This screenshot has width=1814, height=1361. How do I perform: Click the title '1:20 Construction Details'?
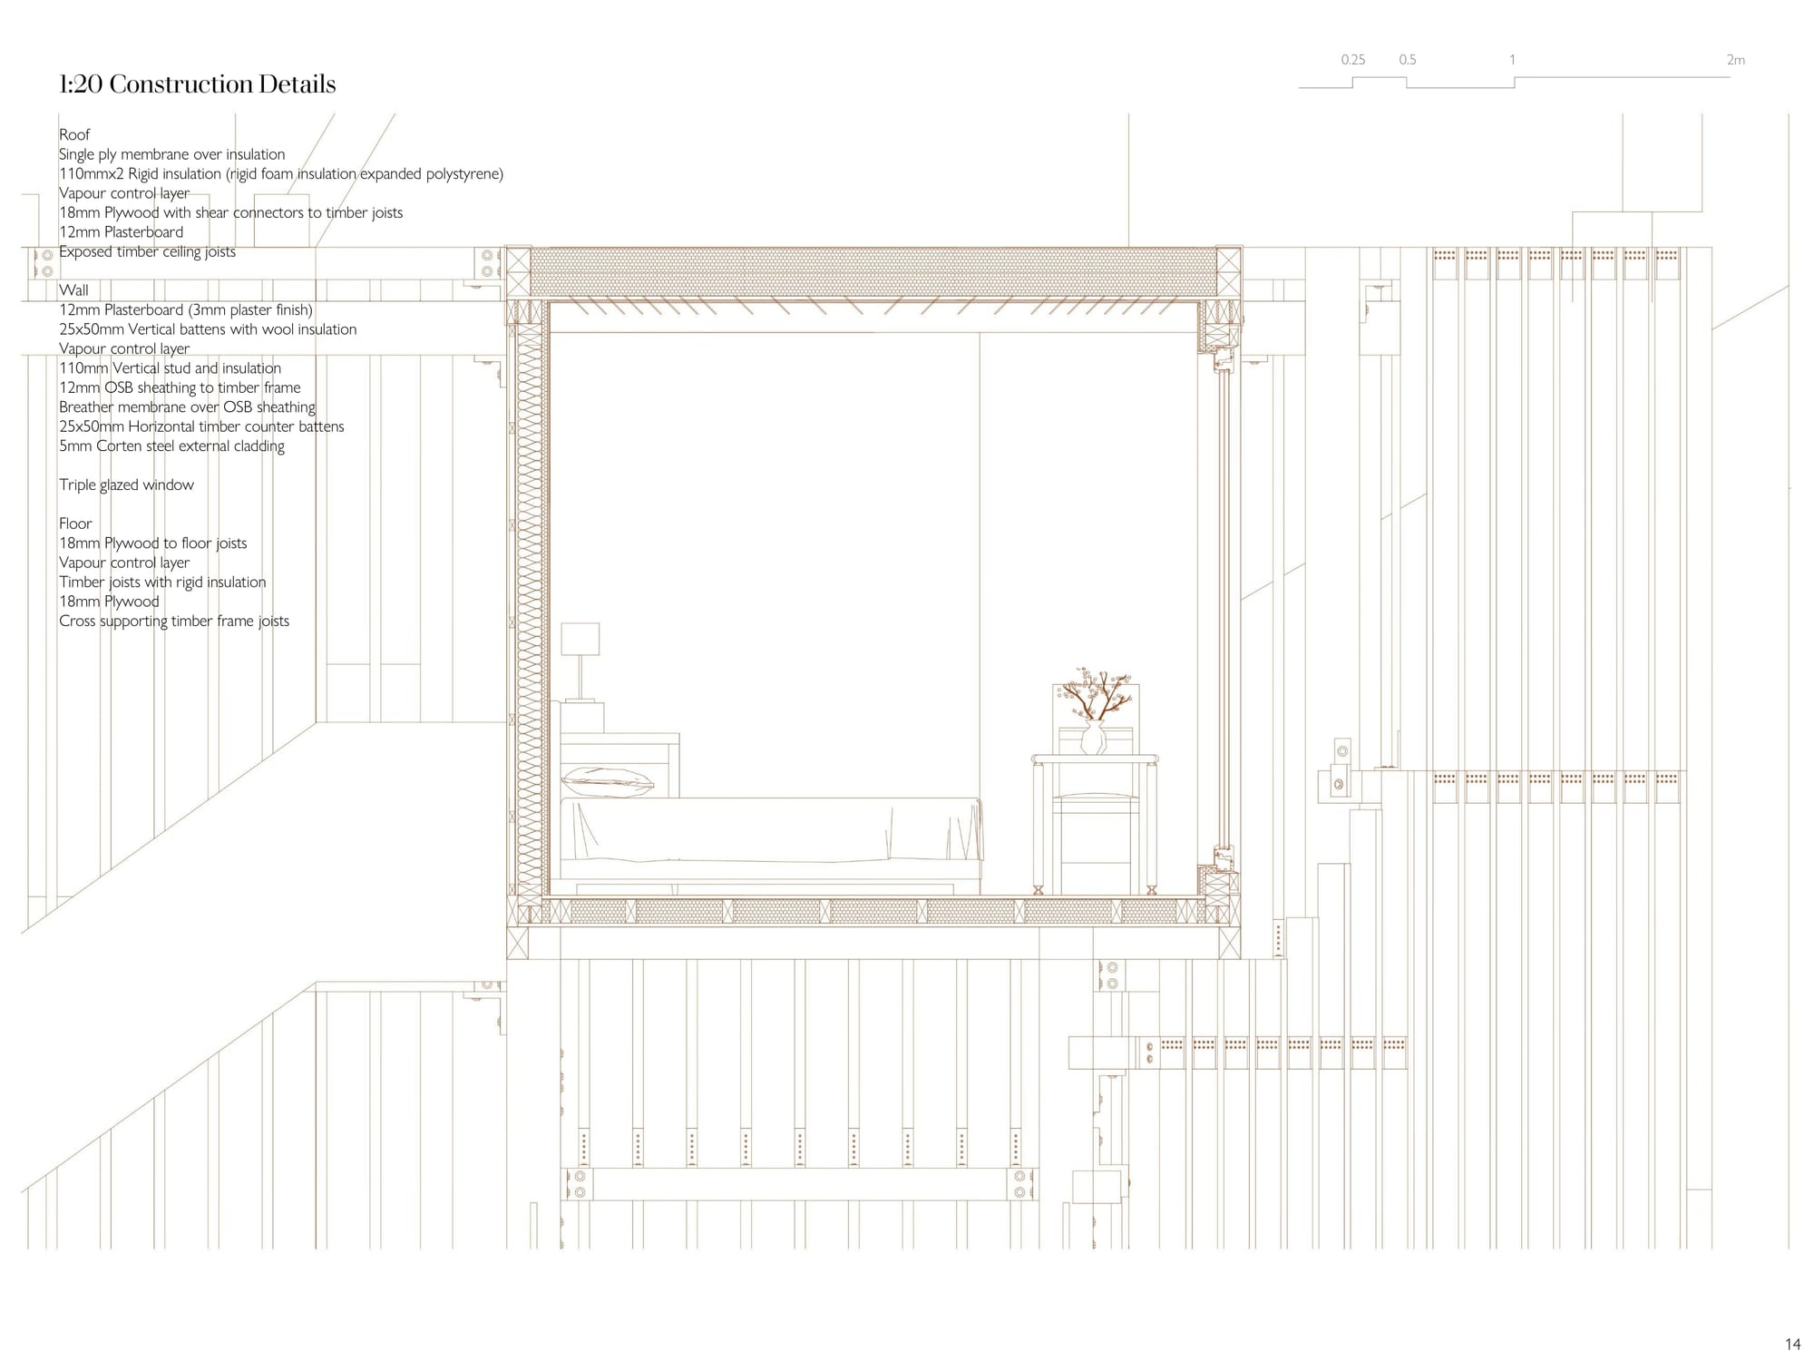point(197,84)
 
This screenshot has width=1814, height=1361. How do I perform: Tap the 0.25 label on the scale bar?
point(1352,60)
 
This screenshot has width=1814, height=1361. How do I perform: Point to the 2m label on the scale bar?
point(1735,60)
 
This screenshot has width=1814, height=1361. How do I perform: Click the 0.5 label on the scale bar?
point(1407,60)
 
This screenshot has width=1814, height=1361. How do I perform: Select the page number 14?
point(1792,1344)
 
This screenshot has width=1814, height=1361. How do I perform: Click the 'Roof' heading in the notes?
point(74,134)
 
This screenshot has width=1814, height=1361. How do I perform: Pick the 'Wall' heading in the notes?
point(73,290)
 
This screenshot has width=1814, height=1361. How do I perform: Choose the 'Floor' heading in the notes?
point(75,524)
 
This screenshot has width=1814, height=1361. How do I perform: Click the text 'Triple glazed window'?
point(126,485)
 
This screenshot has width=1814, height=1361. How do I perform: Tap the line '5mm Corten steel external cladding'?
point(171,446)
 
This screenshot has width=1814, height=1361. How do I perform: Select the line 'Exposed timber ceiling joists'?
point(147,251)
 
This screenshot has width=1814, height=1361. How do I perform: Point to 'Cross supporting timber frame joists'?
point(174,621)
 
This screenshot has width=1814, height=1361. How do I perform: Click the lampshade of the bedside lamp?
point(580,639)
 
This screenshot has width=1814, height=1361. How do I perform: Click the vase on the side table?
point(1094,738)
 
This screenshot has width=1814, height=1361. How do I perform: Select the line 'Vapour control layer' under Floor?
point(124,563)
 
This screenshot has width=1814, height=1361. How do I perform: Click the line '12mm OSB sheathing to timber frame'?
point(180,387)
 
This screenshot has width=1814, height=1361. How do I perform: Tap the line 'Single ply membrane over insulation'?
point(172,154)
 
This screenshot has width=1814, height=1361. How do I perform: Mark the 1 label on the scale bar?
point(1512,60)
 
